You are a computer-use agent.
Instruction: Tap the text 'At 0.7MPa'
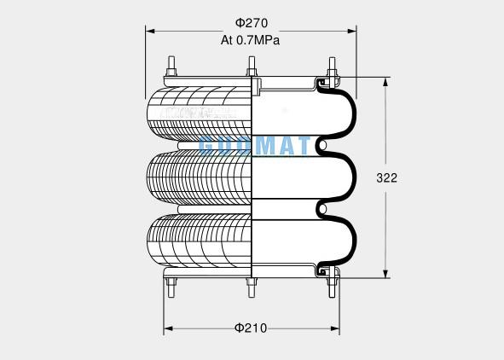coord(251,39)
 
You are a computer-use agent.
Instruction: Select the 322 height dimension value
coord(386,177)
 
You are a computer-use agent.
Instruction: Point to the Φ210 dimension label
coord(251,328)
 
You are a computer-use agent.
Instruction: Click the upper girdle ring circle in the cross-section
coord(322,147)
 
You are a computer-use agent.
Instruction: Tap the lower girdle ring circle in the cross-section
coord(322,208)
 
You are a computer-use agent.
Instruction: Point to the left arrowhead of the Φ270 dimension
coord(150,32)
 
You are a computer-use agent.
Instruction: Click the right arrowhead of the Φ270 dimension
coord(352,32)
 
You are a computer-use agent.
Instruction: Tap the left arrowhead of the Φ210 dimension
coord(167,328)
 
